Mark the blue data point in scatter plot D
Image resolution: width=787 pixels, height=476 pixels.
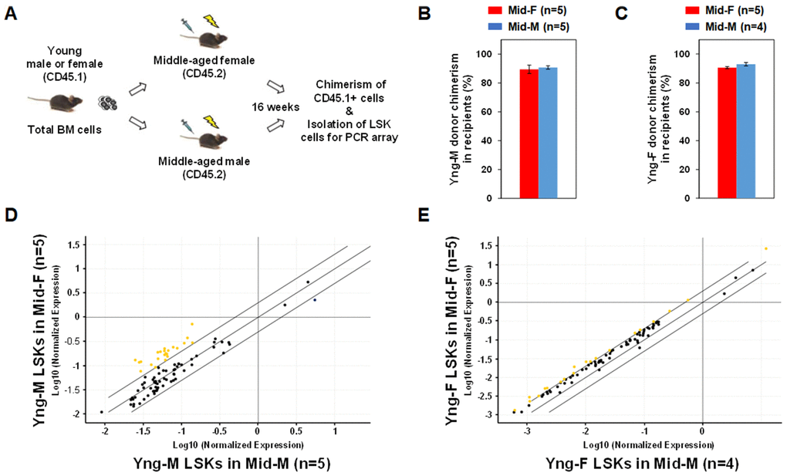coord(315,299)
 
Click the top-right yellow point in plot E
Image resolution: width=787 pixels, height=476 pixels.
coord(765,248)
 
